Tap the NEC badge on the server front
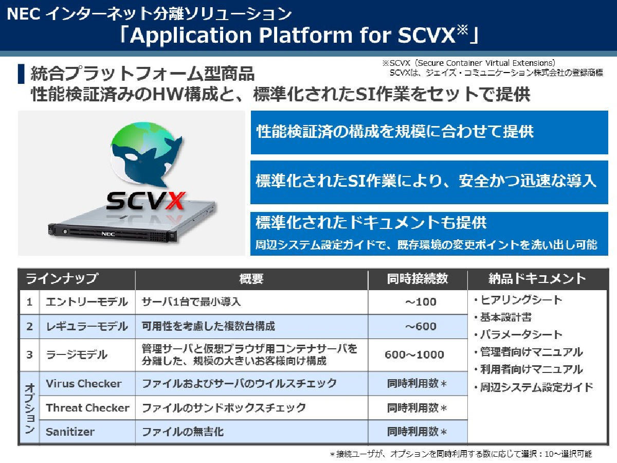[108, 234]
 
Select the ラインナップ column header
[62, 279]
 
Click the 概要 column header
[251, 279]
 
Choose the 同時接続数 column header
[418, 279]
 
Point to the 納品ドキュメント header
[537, 279]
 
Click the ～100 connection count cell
[421, 302]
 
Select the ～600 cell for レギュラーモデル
[421, 326]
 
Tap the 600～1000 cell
[414, 355]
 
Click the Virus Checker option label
[84, 384]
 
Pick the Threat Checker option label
[88, 408]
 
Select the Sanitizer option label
[70, 432]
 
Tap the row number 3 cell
[29, 355]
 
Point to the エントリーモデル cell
[86, 302]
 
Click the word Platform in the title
[305, 35]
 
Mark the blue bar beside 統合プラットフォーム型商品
[21, 74]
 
